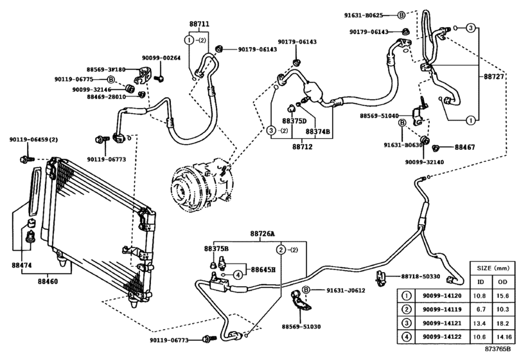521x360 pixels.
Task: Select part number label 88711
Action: [199, 24]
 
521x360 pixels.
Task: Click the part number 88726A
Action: [262, 233]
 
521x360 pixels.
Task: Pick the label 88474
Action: [21, 264]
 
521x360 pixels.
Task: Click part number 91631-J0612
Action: [341, 291]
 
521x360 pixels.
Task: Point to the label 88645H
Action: [263, 270]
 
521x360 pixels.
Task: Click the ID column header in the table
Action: [479, 282]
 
